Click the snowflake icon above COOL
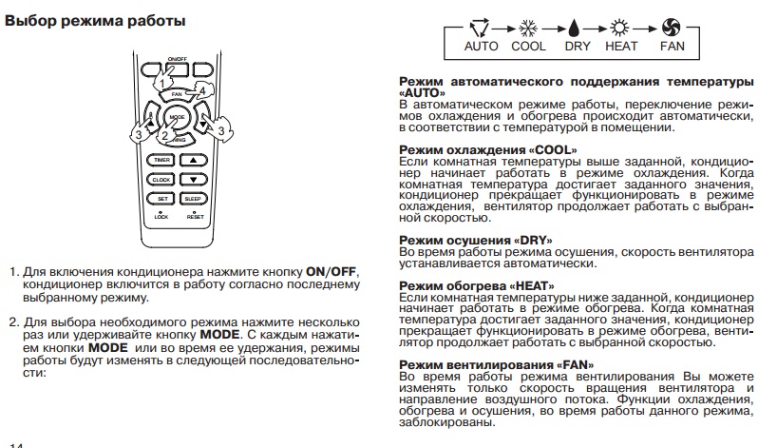528,29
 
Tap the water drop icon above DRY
577,29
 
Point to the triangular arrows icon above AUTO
481,29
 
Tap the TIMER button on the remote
161,160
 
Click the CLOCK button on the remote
161,179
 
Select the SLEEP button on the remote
193,198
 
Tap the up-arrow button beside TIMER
193,160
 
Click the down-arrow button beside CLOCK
193,179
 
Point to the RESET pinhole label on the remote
195,217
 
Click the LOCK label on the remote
161,217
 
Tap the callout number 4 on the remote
202,91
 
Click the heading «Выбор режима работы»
95,19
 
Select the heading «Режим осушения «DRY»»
475,240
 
